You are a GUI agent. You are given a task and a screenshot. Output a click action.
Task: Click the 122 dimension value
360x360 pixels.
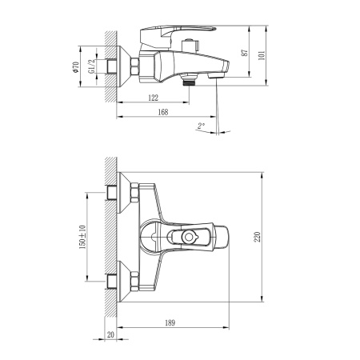pyautogui.click(x=152, y=98)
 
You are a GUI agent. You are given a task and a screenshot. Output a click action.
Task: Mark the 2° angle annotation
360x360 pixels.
pyautogui.click(x=200, y=126)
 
